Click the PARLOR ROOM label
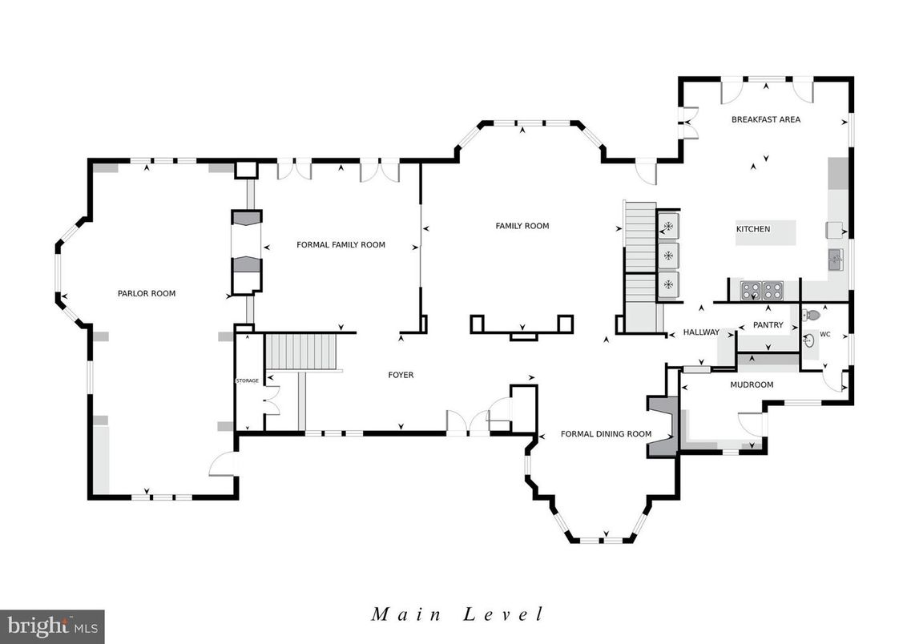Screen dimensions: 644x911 click(x=147, y=293)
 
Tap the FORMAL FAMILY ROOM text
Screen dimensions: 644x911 click(x=341, y=244)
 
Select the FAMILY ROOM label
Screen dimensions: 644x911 click(x=522, y=226)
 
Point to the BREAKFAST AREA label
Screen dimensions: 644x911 click(x=765, y=119)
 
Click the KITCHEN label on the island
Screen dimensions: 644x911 click(x=753, y=229)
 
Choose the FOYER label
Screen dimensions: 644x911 click(x=401, y=375)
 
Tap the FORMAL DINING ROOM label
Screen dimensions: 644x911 click(x=606, y=434)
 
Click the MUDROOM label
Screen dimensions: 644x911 click(x=751, y=384)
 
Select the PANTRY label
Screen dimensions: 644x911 click(x=768, y=325)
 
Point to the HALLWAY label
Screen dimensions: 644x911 click(x=701, y=332)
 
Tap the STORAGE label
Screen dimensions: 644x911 click(x=247, y=380)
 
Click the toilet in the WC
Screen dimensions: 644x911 click(x=812, y=316)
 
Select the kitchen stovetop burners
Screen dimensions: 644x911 click(x=761, y=289)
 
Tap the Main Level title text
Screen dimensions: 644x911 click(x=458, y=614)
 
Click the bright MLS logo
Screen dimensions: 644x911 click(x=52, y=626)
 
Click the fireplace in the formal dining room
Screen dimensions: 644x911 click(x=663, y=426)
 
